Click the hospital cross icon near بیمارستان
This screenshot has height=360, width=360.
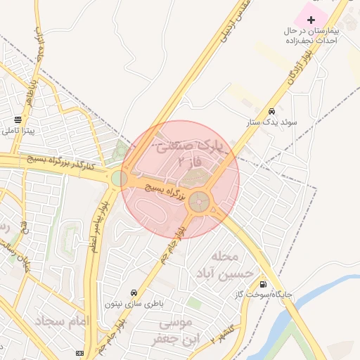pyautogui.click(x=311, y=19)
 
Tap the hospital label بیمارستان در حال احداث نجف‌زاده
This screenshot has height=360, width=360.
pyautogui.click(x=311, y=37)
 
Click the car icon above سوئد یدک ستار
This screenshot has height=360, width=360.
pyautogui.click(x=271, y=111)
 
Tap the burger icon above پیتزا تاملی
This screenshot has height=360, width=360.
pyautogui.click(x=18, y=120)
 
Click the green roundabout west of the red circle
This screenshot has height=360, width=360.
pyautogui.click(x=118, y=179)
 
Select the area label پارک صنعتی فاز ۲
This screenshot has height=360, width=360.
pyautogui.click(x=181, y=155)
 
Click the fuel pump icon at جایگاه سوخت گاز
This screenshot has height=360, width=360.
pyautogui.click(x=263, y=285)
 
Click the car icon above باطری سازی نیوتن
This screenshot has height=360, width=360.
pyautogui.click(x=133, y=292)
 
